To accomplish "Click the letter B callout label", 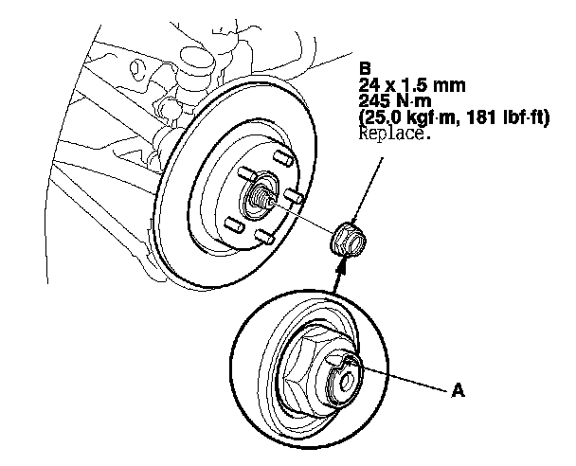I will pyautogui.click(x=365, y=68).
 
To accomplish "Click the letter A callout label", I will pyautogui.click(x=459, y=388).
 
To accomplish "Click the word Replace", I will pyautogui.click(x=394, y=134).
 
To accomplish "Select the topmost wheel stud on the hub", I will pyautogui.click(x=280, y=153).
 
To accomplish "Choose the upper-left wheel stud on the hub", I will pyautogui.click(x=245, y=172).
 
